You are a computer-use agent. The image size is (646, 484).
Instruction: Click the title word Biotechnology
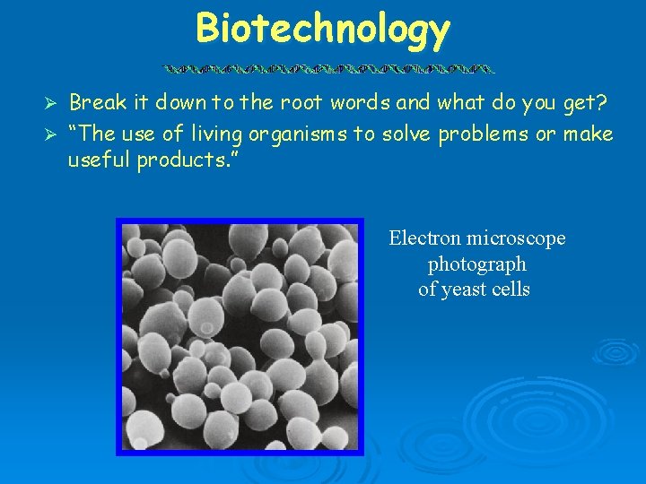pos(322,29)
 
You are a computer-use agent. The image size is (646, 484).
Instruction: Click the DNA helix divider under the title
pos(328,68)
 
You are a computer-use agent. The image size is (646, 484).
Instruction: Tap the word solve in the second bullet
pos(404,134)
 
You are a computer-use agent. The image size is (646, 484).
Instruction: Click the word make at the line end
pos(589,134)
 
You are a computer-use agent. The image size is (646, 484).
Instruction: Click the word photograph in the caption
pos(476,264)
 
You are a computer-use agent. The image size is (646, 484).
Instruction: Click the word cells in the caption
pos(510,290)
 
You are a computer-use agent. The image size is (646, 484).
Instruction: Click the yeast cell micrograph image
pos(240,336)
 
